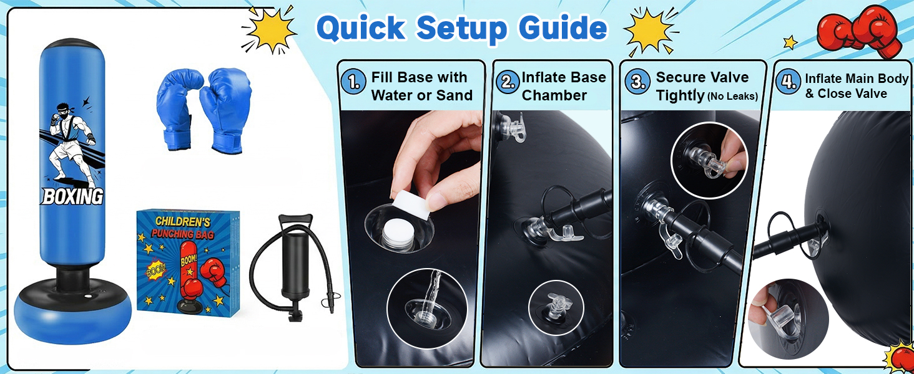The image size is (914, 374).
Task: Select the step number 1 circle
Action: click(x=353, y=82)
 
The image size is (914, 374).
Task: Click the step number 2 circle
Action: click(x=508, y=82)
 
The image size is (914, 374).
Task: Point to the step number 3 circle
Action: click(x=637, y=82)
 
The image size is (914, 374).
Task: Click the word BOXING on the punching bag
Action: click(x=72, y=196)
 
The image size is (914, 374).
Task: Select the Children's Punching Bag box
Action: click(x=188, y=262)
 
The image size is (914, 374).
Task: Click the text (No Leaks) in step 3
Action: click(x=732, y=97)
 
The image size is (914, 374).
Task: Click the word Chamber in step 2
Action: click(x=554, y=95)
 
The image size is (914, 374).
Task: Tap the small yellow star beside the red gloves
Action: click(x=790, y=42)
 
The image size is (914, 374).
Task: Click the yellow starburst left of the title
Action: click(x=270, y=29)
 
